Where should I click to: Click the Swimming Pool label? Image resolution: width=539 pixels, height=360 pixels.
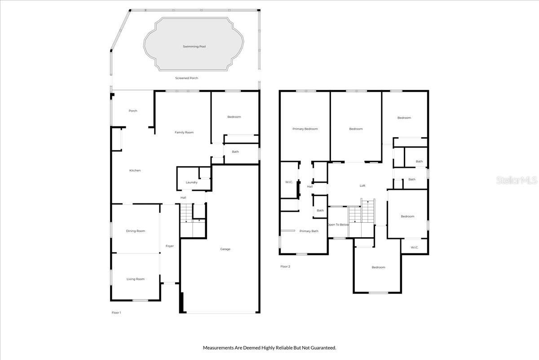[x=194, y=46]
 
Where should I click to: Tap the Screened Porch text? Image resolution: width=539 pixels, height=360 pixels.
[x=186, y=78]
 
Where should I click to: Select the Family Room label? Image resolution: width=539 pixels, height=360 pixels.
[x=184, y=132]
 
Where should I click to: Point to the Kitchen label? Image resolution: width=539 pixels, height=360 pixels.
[x=135, y=171]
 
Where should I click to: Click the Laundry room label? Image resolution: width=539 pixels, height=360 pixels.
[x=192, y=182]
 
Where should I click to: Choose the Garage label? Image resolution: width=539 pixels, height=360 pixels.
[x=225, y=249]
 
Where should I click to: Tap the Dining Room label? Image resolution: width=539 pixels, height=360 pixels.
[x=135, y=231]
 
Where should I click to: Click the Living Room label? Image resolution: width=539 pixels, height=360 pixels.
[x=135, y=279]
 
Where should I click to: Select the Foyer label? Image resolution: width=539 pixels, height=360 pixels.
[x=169, y=246]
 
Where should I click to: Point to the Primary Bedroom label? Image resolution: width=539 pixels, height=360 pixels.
[x=305, y=129]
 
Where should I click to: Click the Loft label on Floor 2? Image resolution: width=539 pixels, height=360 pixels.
[x=362, y=186]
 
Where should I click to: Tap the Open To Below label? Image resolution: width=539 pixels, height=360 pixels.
[x=338, y=225]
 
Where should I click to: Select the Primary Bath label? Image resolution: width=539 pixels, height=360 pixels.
[x=309, y=231]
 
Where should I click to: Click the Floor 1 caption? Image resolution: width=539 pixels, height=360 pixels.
[x=116, y=312]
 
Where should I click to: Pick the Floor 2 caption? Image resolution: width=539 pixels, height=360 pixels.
[x=285, y=266]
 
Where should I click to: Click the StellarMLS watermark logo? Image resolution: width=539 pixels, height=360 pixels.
[x=517, y=180]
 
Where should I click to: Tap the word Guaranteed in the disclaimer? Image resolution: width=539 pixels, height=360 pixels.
[x=323, y=347]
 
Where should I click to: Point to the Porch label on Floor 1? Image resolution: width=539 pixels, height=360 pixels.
[x=133, y=111]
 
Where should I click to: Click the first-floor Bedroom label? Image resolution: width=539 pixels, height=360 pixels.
[x=234, y=117]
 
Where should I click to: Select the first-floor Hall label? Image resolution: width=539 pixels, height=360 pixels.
[x=183, y=198]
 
